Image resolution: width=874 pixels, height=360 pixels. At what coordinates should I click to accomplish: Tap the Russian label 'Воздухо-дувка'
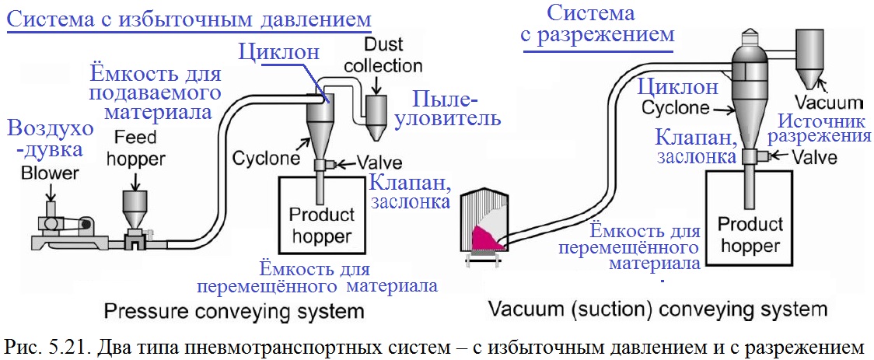point(50,138)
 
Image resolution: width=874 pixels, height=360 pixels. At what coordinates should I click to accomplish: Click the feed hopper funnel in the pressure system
point(137,208)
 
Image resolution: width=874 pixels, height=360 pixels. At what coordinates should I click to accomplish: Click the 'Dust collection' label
point(379,55)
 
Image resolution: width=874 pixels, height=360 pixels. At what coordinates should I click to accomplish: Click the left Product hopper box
point(321,222)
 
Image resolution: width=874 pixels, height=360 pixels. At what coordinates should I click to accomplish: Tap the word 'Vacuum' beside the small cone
point(830,102)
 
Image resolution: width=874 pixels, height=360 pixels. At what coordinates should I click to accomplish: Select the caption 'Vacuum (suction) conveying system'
point(658,309)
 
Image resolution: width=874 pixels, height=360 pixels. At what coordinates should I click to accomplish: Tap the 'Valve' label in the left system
point(379,163)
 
